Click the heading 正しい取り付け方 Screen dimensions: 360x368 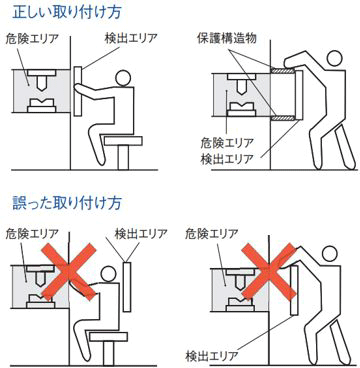click(67, 12)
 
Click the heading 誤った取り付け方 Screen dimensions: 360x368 click(67, 202)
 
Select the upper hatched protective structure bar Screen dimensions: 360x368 click(283, 71)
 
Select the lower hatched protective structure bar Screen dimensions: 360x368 click(283, 117)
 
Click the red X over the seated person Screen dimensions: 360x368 click(68, 270)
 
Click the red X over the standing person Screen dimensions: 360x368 click(269, 270)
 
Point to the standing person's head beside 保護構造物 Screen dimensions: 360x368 click(333, 59)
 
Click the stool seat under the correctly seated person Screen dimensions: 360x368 click(124, 141)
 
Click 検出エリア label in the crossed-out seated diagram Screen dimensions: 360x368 click(140, 234)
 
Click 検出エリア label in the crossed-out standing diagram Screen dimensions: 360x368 click(211, 355)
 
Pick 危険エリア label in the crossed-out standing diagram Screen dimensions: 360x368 click(212, 234)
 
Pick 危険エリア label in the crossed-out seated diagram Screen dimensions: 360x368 click(32, 234)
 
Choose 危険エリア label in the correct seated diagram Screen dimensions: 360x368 click(32, 39)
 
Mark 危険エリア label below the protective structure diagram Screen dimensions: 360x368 click(227, 143)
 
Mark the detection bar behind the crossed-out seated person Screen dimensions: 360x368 click(127, 287)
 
